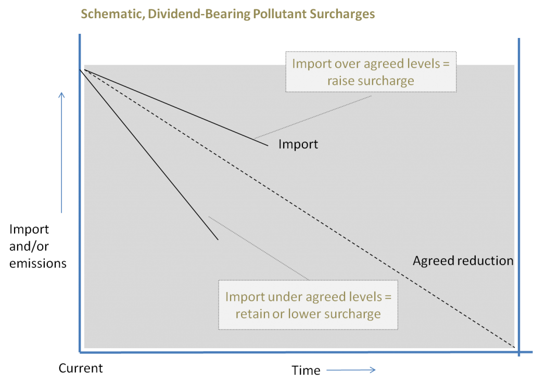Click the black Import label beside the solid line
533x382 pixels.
click(298, 144)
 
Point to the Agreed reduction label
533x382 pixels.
click(463, 261)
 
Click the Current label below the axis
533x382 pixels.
click(81, 368)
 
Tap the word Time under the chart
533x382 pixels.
click(306, 370)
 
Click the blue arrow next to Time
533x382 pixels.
click(351, 370)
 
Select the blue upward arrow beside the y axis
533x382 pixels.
click(61, 152)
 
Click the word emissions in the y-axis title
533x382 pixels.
click(37, 263)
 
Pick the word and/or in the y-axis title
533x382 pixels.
click(29, 246)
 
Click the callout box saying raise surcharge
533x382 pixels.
click(371, 72)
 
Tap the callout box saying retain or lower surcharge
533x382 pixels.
click(308, 305)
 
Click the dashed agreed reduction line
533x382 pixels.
click(299, 208)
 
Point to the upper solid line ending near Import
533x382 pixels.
click(176, 108)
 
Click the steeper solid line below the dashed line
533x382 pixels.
click(149, 155)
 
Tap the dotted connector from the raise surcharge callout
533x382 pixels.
click(313, 117)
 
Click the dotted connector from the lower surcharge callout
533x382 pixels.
click(258, 248)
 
